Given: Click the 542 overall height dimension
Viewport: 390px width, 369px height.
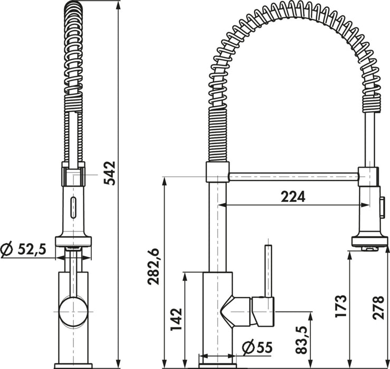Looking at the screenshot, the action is point(110,173).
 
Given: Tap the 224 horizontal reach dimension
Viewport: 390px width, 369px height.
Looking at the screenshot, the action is point(293,197).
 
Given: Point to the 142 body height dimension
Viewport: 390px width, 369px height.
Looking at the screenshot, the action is point(176,320).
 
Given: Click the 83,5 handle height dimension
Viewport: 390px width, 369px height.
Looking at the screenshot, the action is point(302,339).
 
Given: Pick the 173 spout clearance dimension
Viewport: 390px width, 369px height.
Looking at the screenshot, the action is point(340,306).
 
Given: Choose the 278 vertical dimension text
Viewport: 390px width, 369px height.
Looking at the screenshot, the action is point(378,307).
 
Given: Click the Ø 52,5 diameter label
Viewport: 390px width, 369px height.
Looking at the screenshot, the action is point(23,249).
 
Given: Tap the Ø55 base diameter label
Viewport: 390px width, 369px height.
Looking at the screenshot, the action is point(258,347).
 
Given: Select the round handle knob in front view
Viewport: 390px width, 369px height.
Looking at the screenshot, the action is point(73,312).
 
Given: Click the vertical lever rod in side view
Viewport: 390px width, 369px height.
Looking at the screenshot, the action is point(268,271).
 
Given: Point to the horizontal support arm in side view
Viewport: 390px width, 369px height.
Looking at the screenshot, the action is point(293,177).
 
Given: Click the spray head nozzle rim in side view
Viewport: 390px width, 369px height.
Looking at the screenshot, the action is point(369,242).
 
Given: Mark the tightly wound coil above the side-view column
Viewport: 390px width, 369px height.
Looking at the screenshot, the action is point(217,134).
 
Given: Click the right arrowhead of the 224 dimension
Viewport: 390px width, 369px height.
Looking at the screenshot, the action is point(366,205).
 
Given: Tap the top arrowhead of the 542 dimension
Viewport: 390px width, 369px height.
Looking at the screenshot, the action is point(118,5).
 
